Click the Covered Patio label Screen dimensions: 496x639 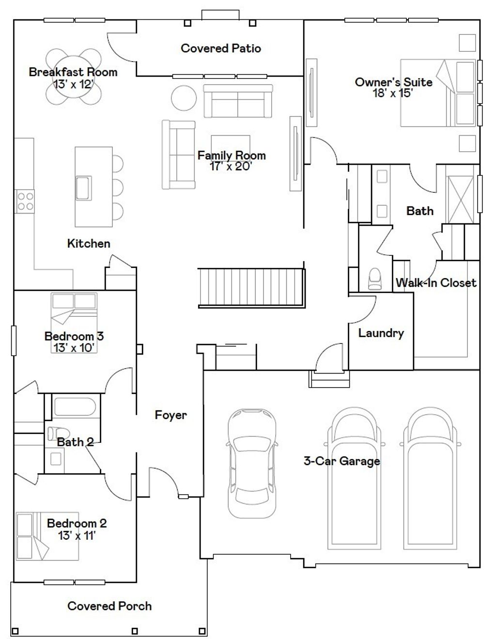coord(220,48)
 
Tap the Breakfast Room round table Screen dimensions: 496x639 coord(73,76)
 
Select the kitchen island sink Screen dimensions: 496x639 coord(83,188)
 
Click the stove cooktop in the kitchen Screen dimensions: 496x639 coord(25,202)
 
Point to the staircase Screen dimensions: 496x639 coord(251,288)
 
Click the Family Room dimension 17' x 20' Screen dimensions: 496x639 coord(231,167)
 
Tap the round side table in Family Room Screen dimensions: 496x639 coord(184,98)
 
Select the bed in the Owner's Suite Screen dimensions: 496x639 coord(438,93)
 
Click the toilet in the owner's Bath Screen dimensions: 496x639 coord(374,279)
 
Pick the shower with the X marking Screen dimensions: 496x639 coord(460,200)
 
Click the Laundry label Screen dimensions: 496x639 coord(381,333)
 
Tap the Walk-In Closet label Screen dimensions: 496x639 coord(436,282)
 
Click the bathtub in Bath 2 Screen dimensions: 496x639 coord(75,406)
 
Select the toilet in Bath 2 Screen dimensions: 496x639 coord(59,433)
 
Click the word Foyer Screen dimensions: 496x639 coord(171,415)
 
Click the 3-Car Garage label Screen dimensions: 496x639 coord(342,461)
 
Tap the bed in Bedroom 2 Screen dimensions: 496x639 coord(47,536)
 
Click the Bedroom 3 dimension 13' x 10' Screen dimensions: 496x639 coord(74,348)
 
